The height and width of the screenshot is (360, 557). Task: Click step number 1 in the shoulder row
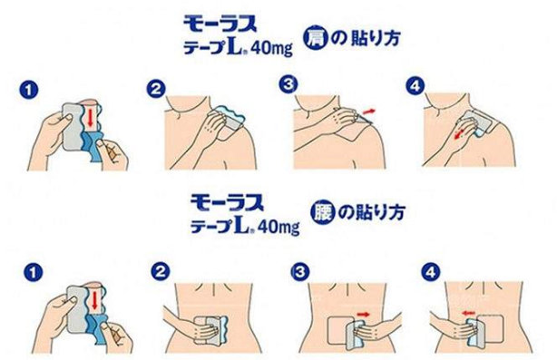point(29,90)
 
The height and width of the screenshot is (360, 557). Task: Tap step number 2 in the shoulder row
point(156,88)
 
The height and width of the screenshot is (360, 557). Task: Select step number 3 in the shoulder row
point(288,84)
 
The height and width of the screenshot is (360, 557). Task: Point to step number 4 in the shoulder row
point(415,85)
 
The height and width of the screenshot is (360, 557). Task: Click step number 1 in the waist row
point(33,273)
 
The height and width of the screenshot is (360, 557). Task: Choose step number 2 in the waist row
point(161,272)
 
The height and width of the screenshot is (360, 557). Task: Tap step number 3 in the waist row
point(300,272)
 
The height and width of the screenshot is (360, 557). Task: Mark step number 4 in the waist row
point(430,272)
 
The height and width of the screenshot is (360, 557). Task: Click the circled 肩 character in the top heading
point(314,37)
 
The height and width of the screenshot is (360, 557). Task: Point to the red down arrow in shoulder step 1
point(90,117)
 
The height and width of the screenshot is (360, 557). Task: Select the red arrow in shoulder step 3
point(368,112)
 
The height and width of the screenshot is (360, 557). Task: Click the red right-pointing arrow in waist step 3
point(363,314)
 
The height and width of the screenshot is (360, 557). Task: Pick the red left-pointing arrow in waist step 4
point(468,313)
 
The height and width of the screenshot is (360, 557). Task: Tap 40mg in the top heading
point(272,49)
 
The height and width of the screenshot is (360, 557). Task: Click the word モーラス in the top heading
point(220,24)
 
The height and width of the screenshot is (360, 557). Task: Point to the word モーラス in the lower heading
point(228,202)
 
